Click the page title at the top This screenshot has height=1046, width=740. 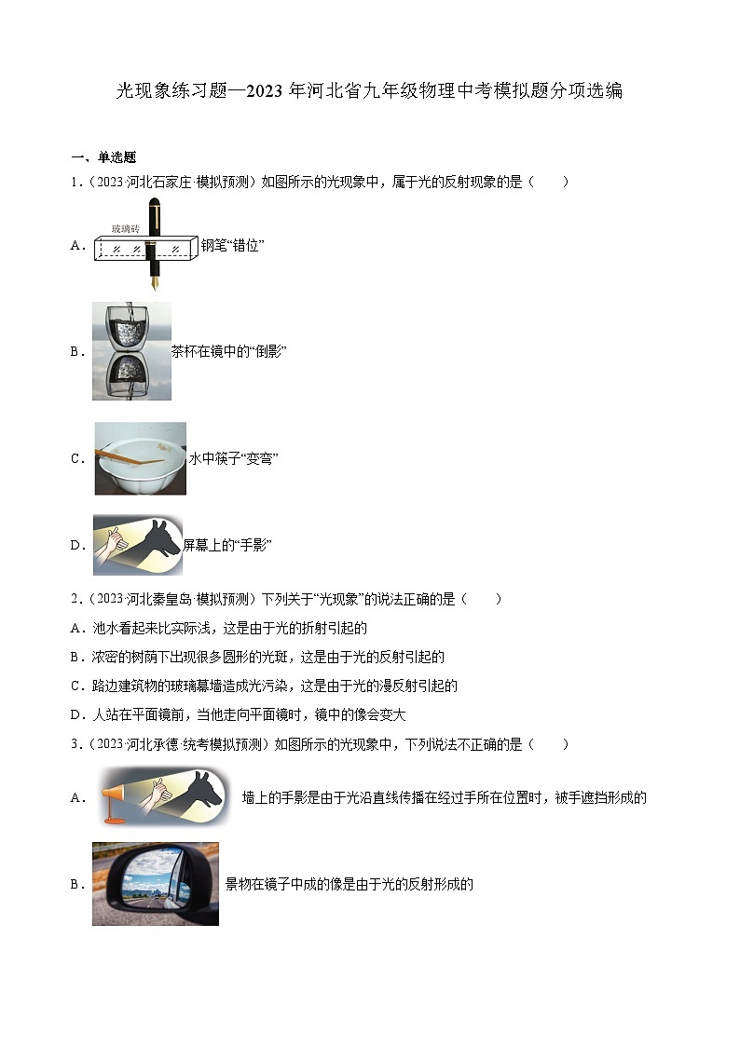click(x=369, y=91)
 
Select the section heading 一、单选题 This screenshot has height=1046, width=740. click(x=103, y=157)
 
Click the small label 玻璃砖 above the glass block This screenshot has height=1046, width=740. click(x=125, y=228)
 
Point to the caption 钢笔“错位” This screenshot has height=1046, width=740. click(x=233, y=246)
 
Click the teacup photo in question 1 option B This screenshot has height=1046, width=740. click(x=131, y=351)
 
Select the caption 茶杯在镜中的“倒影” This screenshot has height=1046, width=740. click(x=228, y=351)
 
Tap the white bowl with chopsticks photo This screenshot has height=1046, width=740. click(x=140, y=458)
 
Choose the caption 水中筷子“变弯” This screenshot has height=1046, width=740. click(x=234, y=458)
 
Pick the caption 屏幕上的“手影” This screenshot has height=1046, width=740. click(x=226, y=545)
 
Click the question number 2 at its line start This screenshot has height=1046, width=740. click(x=75, y=599)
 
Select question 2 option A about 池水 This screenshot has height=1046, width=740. click(x=218, y=628)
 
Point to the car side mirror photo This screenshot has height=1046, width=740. click(x=155, y=884)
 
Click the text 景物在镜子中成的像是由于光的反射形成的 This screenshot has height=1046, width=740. click(x=349, y=885)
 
